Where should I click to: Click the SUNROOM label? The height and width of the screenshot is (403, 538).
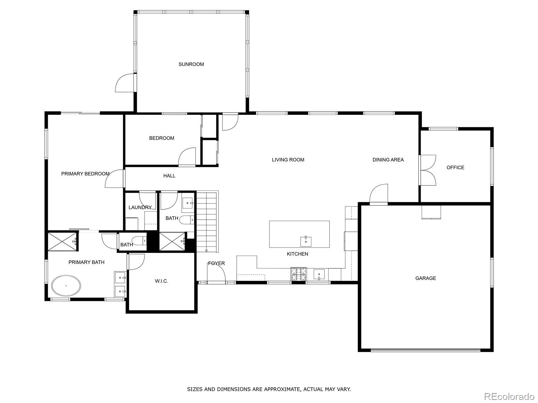coord(191,64)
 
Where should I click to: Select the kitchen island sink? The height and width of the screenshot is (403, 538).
coord(306,241)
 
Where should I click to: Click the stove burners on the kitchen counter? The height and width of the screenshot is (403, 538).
coord(299,274)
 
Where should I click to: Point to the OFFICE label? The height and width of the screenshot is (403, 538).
coord(455,168)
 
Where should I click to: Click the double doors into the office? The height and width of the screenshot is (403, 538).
coord(428,170)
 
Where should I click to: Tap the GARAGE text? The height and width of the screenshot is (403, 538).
coord(425,278)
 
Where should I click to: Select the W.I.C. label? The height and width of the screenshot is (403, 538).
coord(161,281)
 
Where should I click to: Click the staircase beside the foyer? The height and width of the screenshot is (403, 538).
coord(207,222)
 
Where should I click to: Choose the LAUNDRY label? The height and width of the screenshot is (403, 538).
coord(140,208)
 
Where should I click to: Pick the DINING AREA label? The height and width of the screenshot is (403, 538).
coord(388,160)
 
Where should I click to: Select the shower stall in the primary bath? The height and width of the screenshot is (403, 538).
coord(62,241)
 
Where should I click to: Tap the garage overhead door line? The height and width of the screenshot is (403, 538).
coord(425,350)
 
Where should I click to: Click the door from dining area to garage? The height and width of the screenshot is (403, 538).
coord(379,194)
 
